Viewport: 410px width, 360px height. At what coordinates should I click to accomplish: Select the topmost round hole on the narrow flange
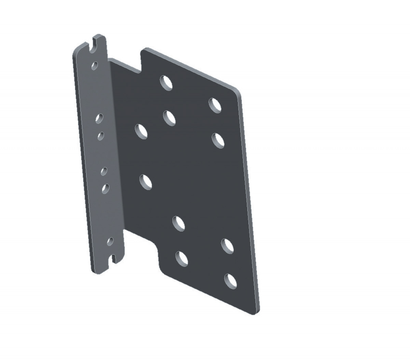(x=95, y=65)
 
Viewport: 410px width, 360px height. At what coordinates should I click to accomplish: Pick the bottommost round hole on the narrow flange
(x=110, y=241)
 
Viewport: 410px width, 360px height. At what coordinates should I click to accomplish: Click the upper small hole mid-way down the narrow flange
(x=101, y=136)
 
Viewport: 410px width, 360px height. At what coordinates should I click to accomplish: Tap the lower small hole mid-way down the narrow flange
(x=104, y=171)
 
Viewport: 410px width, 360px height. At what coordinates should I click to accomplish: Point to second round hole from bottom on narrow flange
(x=106, y=188)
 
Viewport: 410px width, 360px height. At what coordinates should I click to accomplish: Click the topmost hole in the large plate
(x=166, y=82)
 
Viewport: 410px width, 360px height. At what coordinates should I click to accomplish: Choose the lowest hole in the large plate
(x=231, y=281)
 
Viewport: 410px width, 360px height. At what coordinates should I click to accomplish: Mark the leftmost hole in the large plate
(x=141, y=131)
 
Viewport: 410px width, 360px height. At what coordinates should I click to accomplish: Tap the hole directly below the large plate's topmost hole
(x=169, y=117)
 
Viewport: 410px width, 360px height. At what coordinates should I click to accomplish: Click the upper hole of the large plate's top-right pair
(x=215, y=105)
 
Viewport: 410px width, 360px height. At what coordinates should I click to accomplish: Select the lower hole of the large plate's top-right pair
(x=218, y=140)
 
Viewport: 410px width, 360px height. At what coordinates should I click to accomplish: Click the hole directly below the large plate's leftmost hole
(x=146, y=182)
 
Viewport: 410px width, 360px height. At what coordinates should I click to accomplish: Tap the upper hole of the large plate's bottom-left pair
(x=179, y=223)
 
